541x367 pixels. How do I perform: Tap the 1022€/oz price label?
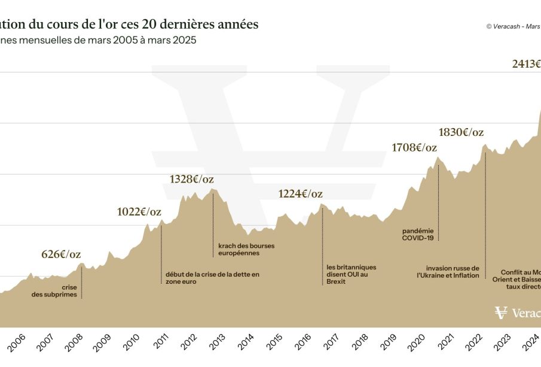tap(139, 211)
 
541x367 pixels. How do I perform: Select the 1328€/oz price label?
tap(191, 179)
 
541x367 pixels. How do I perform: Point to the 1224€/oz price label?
tap(301, 193)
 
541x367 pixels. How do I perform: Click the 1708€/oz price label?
tap(414, 147)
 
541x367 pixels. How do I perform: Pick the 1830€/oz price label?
tap(461, 132)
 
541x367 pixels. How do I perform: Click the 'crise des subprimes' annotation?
tap(54, 291)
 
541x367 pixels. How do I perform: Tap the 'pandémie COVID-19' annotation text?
tap(418, 234)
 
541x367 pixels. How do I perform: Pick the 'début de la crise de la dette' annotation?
tap(212, 278)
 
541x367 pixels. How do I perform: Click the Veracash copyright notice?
tap(512, 26)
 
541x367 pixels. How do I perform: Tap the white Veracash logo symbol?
tap(501, 313)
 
